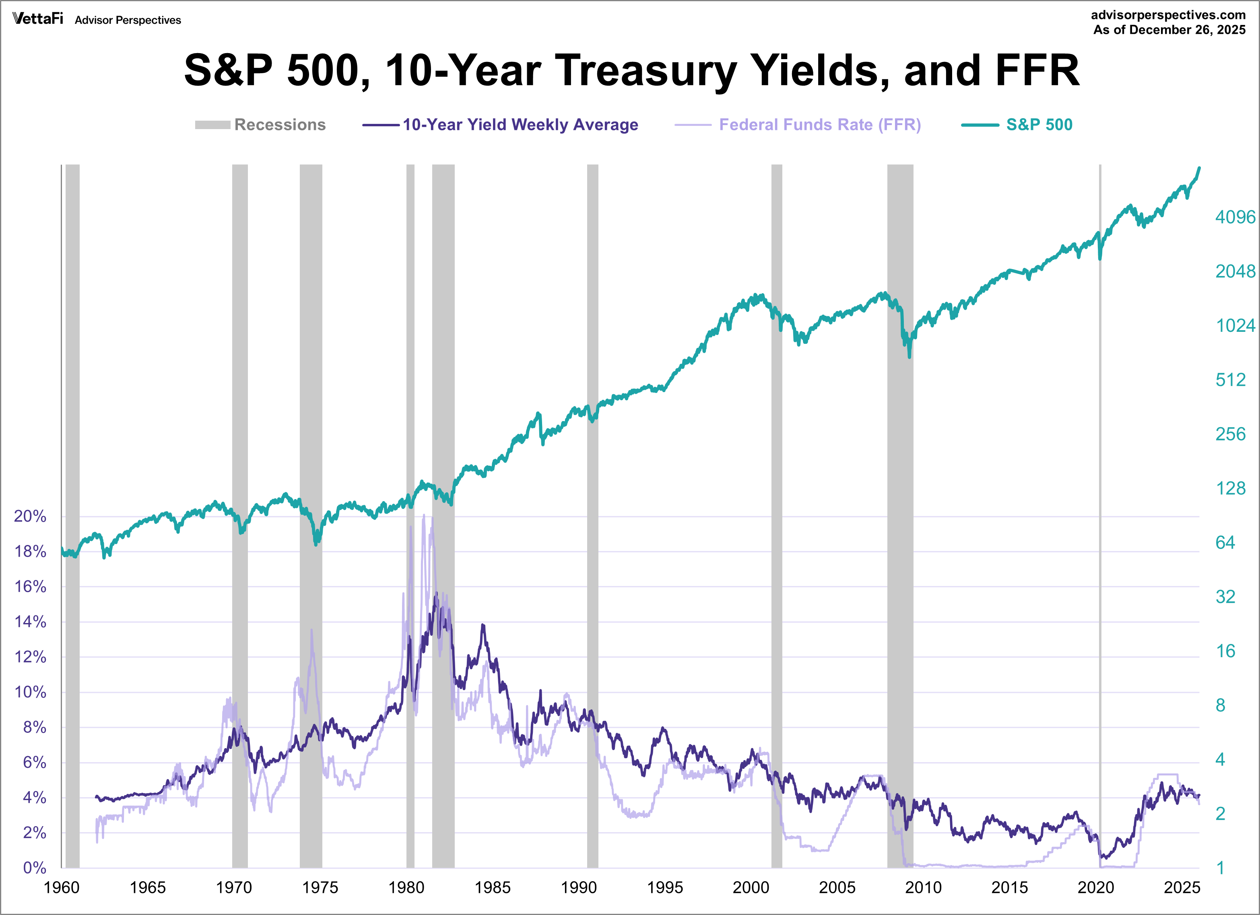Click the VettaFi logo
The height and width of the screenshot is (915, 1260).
point(38,19)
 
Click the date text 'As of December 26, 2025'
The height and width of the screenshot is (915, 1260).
point(1169,30)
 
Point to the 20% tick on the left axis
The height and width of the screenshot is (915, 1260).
point(30,516)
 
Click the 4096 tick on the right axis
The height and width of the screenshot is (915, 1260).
point(1234,217)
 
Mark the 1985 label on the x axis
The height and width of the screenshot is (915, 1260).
point(492,887)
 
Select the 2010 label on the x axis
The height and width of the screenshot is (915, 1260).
point(923,887)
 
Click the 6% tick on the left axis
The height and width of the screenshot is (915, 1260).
point(35,762)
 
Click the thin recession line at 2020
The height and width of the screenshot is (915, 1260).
point(1100,500)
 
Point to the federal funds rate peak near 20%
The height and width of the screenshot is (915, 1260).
point(424,516)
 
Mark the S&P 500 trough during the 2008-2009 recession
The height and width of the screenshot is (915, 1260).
point(909,356)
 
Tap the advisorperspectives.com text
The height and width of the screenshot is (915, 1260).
point(1168,15)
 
